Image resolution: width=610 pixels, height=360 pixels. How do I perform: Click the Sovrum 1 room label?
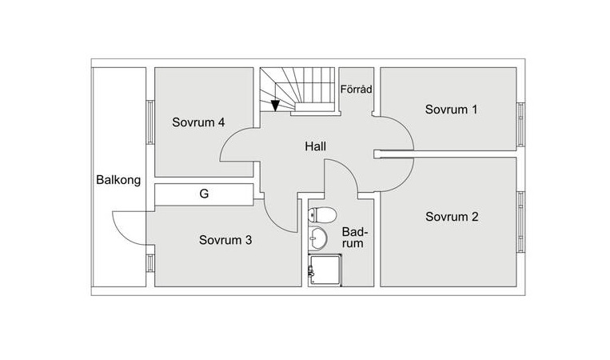pos(451,110)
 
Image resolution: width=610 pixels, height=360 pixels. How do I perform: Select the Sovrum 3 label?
pos(226,239)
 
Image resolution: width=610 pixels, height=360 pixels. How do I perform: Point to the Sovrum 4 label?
pos(198,122)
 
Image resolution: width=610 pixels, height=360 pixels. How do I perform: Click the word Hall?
pos(315,146)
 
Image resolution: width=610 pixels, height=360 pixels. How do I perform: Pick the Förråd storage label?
pos(356,90)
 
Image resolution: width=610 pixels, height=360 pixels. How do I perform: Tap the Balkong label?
pos(118,180)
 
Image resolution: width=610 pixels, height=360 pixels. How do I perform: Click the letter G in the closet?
pos(204,194)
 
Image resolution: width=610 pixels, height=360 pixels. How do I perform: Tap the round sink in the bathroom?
pos(319,238)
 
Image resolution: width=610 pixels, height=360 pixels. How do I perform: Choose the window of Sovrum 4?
pos(150,122)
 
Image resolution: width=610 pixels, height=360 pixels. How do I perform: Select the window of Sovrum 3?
pos(150,264)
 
